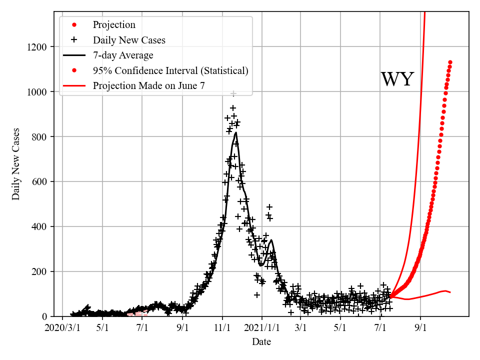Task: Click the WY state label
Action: pyautogui.click(x=397, y=79)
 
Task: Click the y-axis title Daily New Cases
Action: pyautogui.click(x=16, y=164)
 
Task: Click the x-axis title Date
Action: pyautogui.click(x=261, y=342)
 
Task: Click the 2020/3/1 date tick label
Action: pyautogui.click(x=62, y=328)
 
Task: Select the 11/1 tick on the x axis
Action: pyautogui.click(x=222, y=328)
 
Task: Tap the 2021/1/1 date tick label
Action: pyautogui.click(x=261, y=328)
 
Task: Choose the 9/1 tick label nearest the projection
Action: pyautogui.click(x=420, y=328)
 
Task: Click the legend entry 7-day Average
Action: pyautogui.click(x=123, y=55)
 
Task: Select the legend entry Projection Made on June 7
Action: pyautogui.click(x=148, y=86)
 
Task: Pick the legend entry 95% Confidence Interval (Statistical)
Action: pyautogui.click(x=170, y=70)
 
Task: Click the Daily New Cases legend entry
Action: pyautogui.click(x=129, y=39)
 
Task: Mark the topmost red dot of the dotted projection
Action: pyautogui.click(x=450, y=62)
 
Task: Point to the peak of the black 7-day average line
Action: pyautogui.click(x=235, y=132)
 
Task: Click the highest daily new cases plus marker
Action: pyautogui.click(x=233, y=93)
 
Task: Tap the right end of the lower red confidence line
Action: pyautogui.click(x=450, y=292)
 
